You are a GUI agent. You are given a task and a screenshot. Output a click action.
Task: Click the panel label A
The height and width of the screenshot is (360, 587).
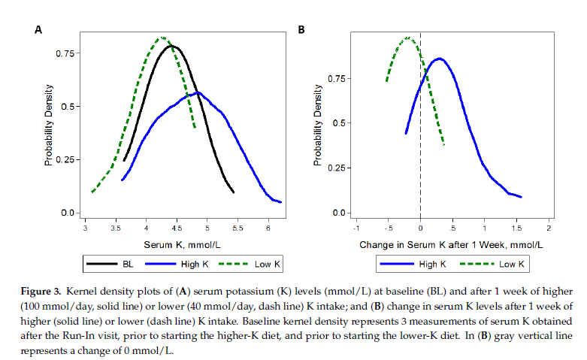pos(38,30)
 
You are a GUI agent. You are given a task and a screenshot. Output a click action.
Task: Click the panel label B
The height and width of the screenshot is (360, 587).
pos(301,30)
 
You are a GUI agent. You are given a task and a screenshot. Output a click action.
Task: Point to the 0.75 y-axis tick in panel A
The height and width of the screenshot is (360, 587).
pos(65,53)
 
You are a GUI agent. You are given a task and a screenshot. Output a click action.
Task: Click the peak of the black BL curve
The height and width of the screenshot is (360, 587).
pos(173,47)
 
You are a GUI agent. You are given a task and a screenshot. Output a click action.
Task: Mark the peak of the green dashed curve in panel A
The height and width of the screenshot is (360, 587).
pos(162,38)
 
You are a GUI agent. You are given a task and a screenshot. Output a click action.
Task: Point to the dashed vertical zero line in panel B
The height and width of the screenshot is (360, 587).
pos(420,150)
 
